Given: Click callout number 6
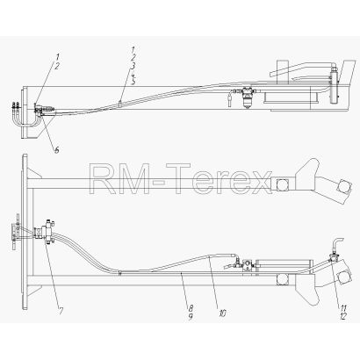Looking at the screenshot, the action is (x=56, y=150).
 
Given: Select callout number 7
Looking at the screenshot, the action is (x=61, y=312).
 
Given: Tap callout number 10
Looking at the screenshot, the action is (x=222, y=313).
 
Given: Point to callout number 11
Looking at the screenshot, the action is (x=343, y=308).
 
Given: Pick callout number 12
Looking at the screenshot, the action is (x=343, y=316).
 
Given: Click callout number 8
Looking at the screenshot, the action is (x=191, y=308).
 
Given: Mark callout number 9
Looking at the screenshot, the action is (x=191, y=316).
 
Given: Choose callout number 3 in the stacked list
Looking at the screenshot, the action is (x=133, y=67).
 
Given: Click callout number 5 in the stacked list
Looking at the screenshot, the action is (x=133, y=81).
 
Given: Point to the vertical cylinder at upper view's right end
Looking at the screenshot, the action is (x=334, y=85).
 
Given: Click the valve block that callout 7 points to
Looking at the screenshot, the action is (x=46, y=232).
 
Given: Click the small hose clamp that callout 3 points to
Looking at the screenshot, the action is (x=120, y=104).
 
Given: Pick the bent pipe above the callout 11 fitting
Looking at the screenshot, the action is (x=336, y=245).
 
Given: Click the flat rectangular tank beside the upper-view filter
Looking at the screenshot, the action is (x=287, y=97).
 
